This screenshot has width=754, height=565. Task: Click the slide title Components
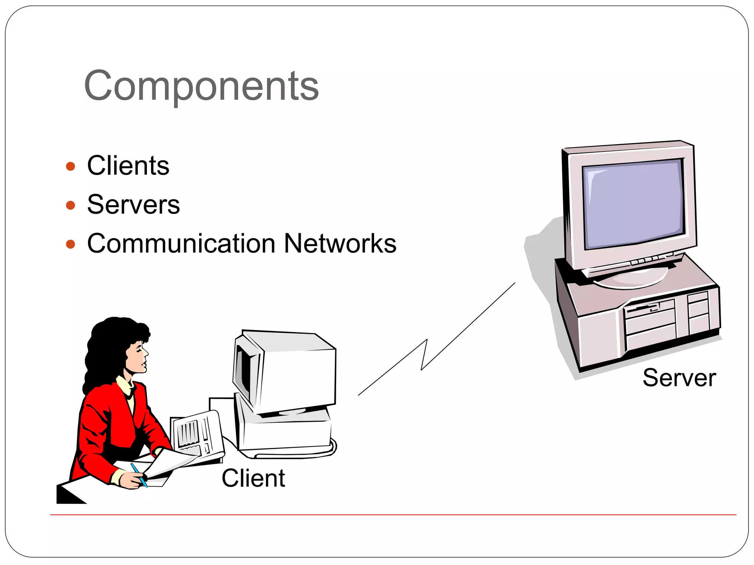[201, 86]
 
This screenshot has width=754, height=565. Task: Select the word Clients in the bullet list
[128, 166]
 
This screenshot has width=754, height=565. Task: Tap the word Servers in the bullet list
[133, 205]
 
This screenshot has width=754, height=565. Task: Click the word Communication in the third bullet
[181, 244]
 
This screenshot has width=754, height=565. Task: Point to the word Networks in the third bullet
[340, 244]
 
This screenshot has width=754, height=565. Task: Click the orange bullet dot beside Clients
[70, 166]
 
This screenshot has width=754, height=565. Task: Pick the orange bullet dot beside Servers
[70, 205]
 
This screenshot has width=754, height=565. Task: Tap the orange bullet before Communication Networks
[70, 244]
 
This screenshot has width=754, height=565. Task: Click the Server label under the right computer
[679, 378]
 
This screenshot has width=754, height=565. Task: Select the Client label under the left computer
[253, 478]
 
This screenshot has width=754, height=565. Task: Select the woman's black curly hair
[107, 346]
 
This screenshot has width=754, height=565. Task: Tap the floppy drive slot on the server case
[642, 308]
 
